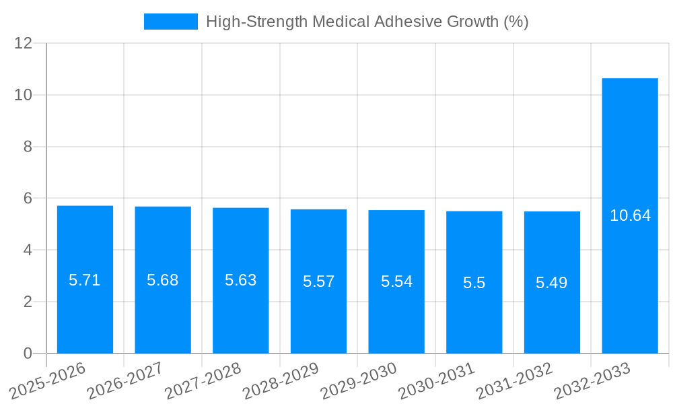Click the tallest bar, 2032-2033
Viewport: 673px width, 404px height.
point(630,283)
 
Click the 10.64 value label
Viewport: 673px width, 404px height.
point(630,215)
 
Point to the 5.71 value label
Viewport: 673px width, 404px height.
point(85,280)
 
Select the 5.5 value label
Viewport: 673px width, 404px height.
point(474,283)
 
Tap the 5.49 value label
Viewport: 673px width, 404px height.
point(552,283)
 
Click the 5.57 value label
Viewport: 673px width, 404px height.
point(318,281)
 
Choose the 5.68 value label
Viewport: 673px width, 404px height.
point(163,280)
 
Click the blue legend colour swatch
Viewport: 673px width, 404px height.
point(171,22)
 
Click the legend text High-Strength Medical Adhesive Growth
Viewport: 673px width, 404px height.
point(367,22)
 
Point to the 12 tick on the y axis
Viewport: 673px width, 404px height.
point(24,43)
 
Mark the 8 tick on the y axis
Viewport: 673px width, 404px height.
point(28,147)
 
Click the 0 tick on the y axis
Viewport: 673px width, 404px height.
point(28,353)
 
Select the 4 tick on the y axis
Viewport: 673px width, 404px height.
point(28,250)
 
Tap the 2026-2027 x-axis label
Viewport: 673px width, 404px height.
point(125,381)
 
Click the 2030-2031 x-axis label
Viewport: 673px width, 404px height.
point(437,381)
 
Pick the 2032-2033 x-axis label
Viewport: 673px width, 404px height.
point(592,381)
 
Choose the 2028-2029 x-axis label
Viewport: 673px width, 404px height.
point(281,381)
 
